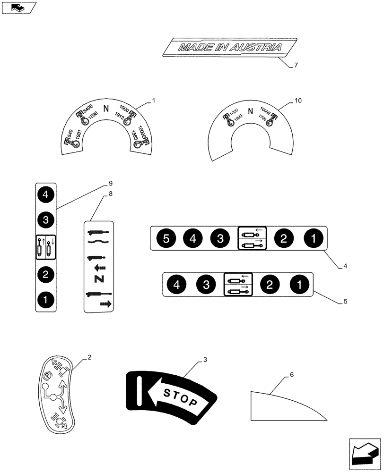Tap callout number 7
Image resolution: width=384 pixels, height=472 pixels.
(x=296, y=65)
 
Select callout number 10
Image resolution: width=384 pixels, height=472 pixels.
(x=297, y=101)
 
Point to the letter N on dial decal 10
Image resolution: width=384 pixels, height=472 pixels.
(x=250, y=118)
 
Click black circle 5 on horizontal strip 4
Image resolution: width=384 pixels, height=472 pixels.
(x=166, y=239)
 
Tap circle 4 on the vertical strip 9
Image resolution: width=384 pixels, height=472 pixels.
(x=46, y=194)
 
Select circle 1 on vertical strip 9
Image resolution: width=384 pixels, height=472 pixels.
(x=46, y=299)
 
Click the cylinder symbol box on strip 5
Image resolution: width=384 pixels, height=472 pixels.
(x=238, y=285)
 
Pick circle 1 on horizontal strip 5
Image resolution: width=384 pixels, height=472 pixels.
(x=298, y=285)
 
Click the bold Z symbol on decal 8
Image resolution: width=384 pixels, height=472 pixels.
(x=99, y=278)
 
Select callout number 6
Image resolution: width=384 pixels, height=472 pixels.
(x=292, y=374)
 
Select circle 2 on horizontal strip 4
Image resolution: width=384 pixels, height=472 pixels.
(x=283, y=239)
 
